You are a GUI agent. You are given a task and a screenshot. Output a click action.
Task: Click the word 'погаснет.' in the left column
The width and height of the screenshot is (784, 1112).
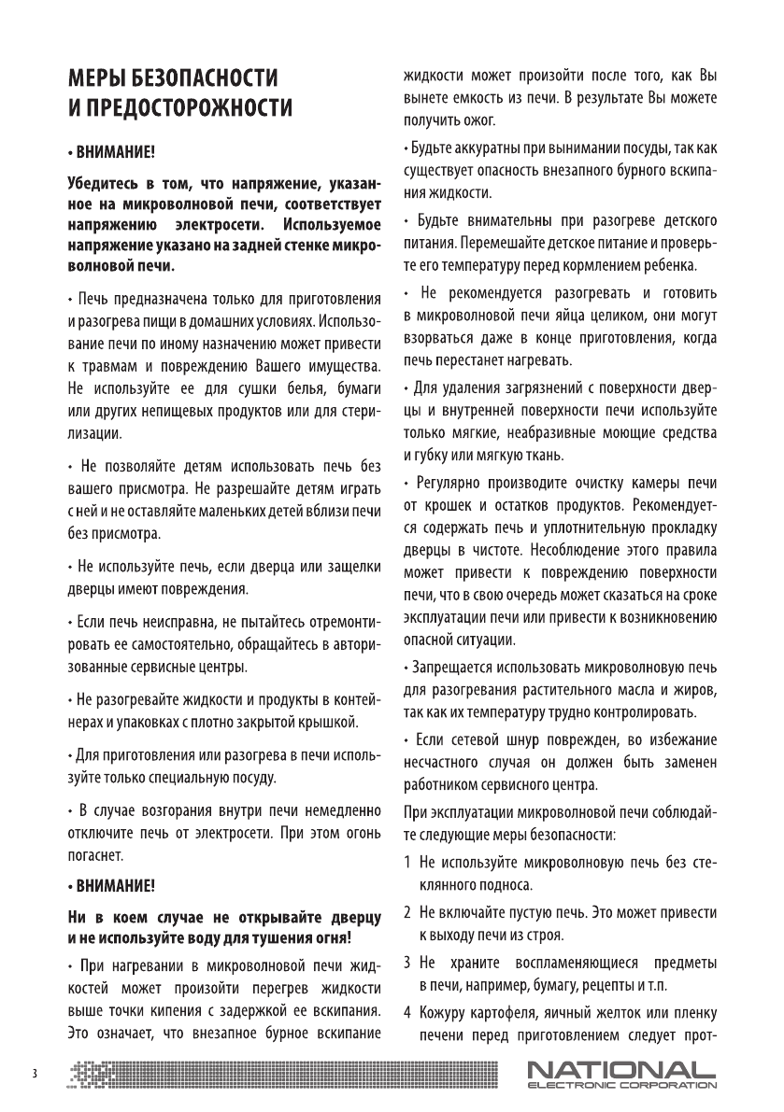coord(94,854)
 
